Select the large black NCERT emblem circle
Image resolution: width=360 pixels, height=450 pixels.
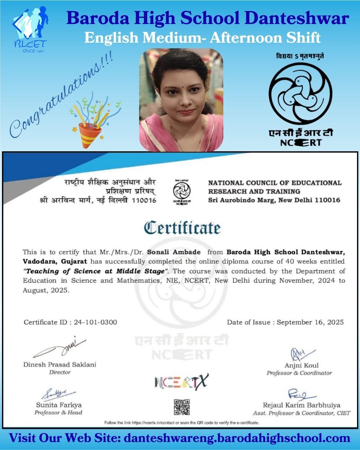pyautogui.click(x=301, y=94)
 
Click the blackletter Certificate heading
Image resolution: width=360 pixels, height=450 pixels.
pyautogui.click(x=182, y=228)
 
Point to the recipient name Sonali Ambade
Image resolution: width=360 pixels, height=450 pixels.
pyautogui.click(x=174, y=252)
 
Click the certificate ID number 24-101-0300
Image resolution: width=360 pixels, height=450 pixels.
pyautogui.click(x=95, y=322)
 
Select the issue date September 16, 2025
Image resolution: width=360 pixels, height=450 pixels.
pyautogui.click(x=310, y=322)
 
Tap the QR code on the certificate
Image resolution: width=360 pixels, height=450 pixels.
pyautogui.click(x=182, y=407)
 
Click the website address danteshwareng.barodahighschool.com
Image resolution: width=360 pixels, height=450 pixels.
pyautogui.click(x=237, y=438)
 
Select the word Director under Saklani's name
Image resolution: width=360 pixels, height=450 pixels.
pyautogui.click(x=60, y=372)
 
